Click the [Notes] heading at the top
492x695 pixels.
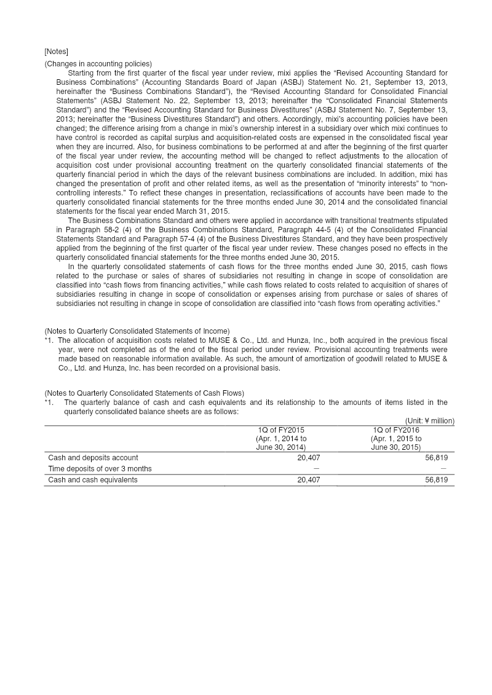[56, 51]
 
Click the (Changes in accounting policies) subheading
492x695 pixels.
[98, 64]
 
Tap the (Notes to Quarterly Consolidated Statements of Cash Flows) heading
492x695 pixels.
[144, 393]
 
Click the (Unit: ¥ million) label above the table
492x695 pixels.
[429, 421]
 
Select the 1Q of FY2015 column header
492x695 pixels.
[281, 430]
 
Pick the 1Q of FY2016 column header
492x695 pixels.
[396, 430]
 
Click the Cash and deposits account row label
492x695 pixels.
[93, 458]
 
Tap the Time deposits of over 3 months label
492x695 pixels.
[100, 469]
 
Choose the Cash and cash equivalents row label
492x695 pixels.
[93, 480]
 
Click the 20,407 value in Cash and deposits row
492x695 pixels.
[308, 458]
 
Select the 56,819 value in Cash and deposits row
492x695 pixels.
[436, 458]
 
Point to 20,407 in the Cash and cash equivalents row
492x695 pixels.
[308, 480]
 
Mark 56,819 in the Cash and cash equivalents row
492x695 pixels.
[436, 480]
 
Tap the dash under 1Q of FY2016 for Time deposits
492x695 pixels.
[443, 469]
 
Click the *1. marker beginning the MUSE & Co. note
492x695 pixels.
[49, 340]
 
